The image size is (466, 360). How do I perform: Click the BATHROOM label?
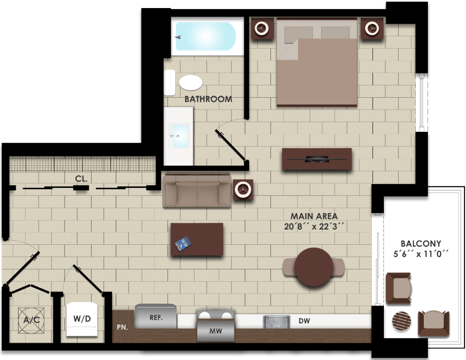tap(208, 99)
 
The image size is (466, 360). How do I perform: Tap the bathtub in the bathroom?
tap(205, 37)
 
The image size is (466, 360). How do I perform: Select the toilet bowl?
tap(191, 83)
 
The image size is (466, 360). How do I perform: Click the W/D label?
tap(82, 319)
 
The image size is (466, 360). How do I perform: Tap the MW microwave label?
tap(216, 331)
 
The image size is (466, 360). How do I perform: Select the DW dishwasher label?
tap(304, 321)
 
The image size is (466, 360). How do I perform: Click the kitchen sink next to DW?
tap(276, 322)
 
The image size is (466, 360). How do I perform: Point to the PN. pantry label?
tap(121, 327)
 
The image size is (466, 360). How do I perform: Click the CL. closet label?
tap(81, 179)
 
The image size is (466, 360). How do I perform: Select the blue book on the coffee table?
tap(183, 243)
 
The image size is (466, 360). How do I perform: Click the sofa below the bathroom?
tap(196, 191)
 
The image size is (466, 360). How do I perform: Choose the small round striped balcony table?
tap(402, 323)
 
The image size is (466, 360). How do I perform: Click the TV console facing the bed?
tap(317, 159)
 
